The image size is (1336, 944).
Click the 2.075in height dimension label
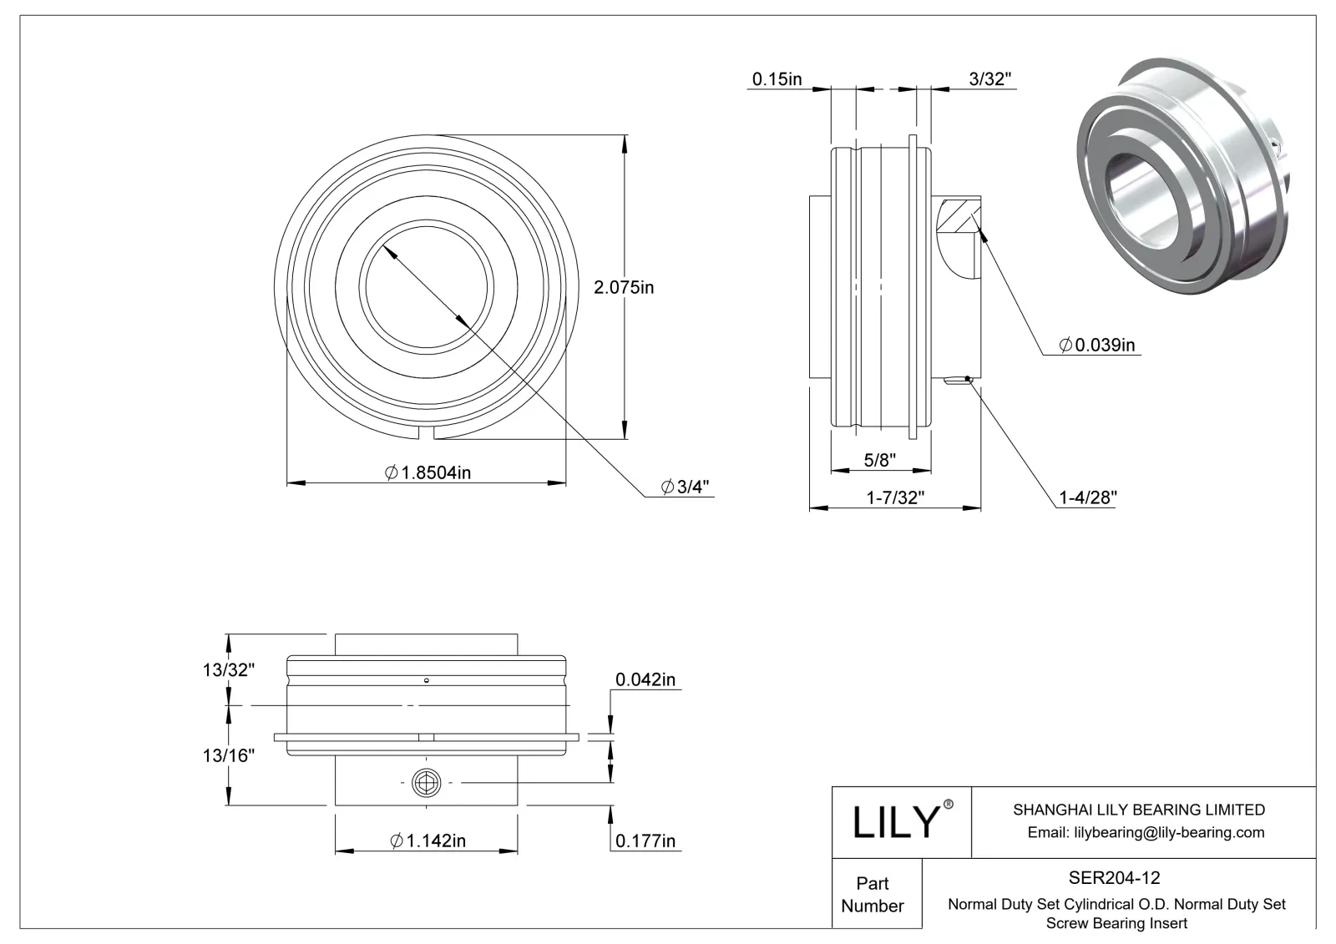(x=623, y=288)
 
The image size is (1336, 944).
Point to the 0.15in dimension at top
(x=777, y=79)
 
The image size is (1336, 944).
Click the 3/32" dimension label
(x=991, y=79)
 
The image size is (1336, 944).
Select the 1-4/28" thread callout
(x=1088, y=498)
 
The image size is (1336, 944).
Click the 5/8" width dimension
(x=880, y=459)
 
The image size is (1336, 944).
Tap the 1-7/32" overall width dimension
(x=894, y=498)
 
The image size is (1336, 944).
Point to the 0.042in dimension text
(x=645, y=680)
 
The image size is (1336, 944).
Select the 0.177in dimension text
(x=645, y=841)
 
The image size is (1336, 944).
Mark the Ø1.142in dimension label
(x=428, y=841)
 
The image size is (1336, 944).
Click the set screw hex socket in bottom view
(x=426, y=783)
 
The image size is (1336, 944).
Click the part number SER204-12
(x=1114, y=878)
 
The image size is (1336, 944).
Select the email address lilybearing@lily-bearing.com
(x=1146, y=832)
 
